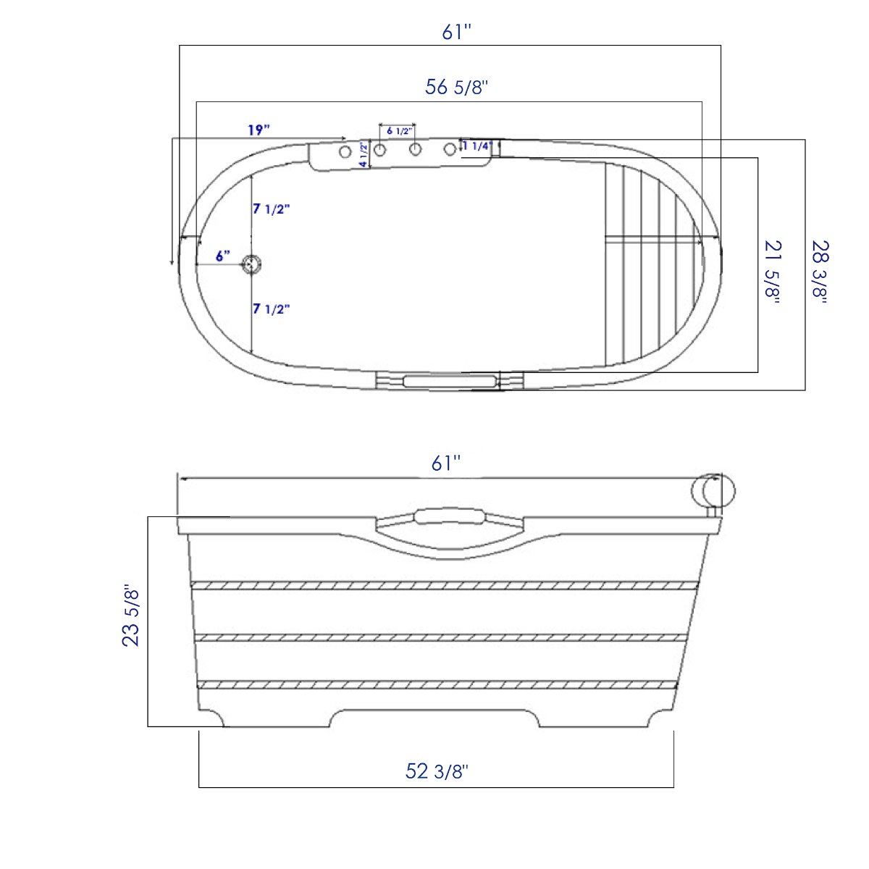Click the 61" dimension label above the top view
point(456,32)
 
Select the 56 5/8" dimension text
point(456,87)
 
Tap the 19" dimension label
point(259,130)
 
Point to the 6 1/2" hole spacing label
point(399,131)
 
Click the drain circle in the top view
point(251,265)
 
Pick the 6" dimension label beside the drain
point(223,256)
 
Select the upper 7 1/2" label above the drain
point(272,209)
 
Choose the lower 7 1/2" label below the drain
point(272,309)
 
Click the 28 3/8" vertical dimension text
point(820,272)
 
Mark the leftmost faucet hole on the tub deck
point(345,151)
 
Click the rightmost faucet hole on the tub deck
point(450,149)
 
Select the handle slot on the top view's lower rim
point(449,381)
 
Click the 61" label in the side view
point(446,463)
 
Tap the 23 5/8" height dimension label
point(131,616)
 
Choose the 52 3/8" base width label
point(437,771)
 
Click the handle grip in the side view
point(449,515)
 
